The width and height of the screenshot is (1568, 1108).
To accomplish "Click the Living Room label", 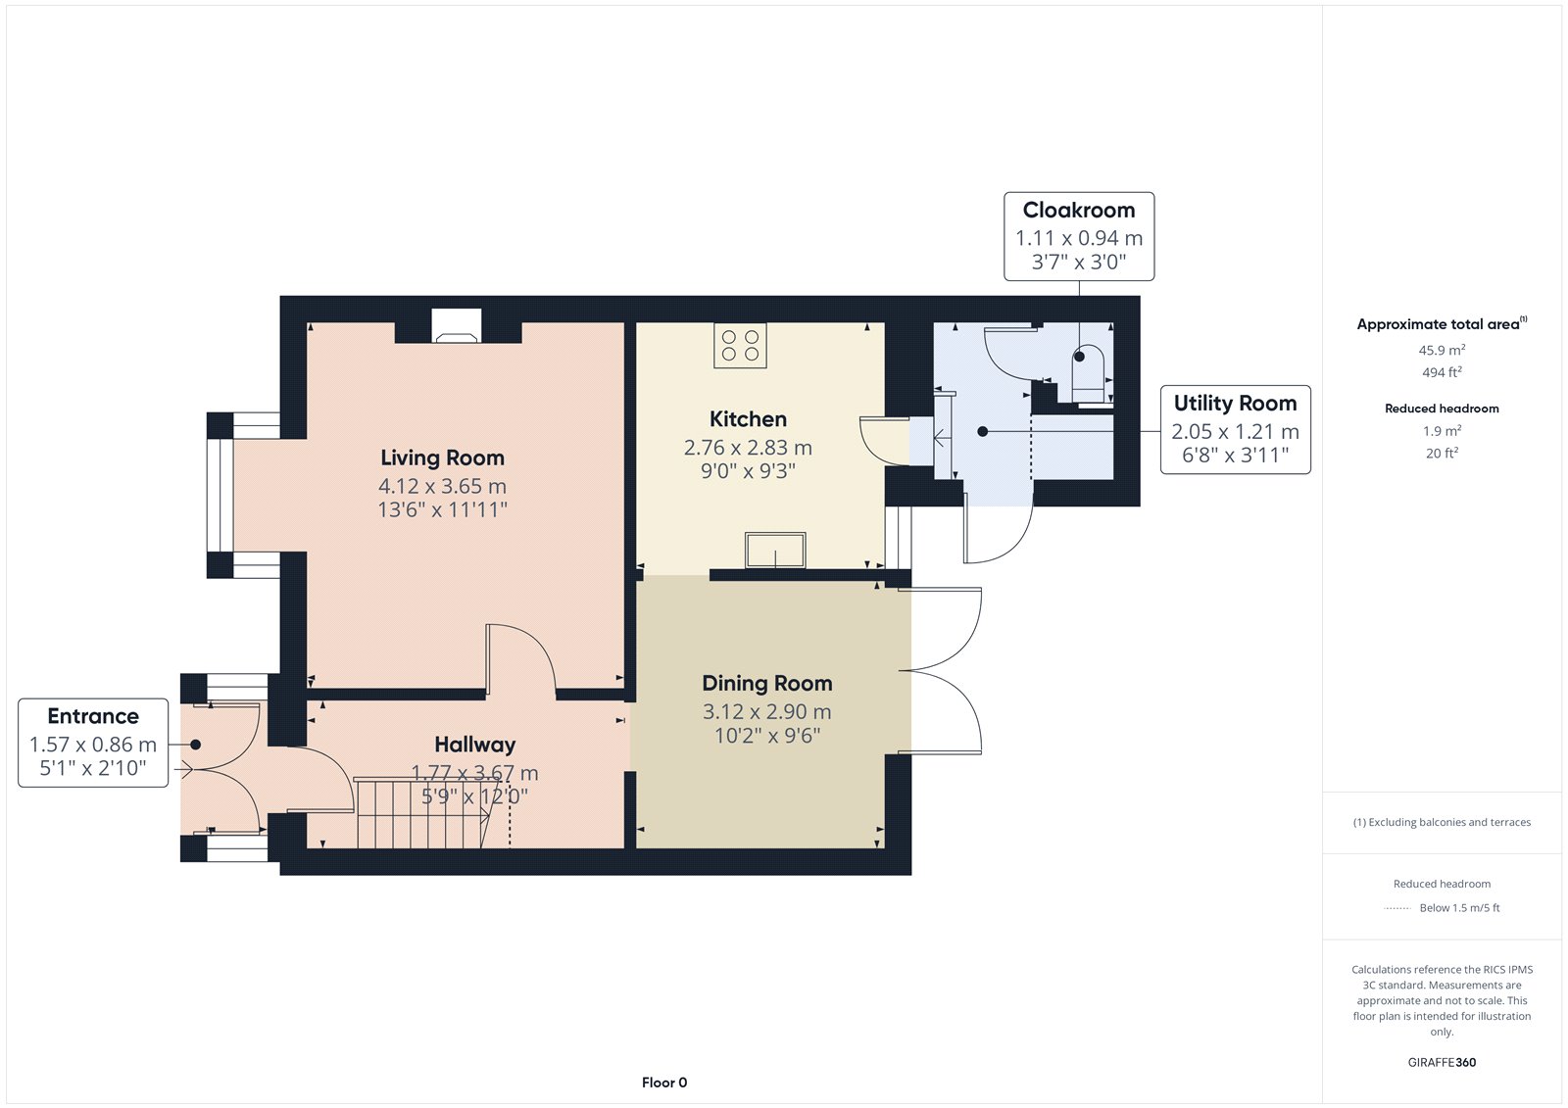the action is [x=442, y=458].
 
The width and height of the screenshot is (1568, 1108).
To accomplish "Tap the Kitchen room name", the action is [x=748, y=419].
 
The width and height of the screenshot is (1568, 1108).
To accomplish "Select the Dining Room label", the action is [x=767, y=683].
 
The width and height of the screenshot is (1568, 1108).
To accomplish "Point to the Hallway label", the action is [x=474, y=744].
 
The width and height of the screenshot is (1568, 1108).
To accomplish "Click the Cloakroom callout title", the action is [x=1079, y=210].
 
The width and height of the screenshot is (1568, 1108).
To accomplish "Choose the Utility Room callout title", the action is [x=1236, y=404].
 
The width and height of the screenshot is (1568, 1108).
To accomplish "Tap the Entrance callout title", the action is [x=93, y=716].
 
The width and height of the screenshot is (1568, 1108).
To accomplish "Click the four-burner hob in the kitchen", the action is [x=740, y=345].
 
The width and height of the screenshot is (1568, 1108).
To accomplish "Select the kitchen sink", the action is [x=775, y=551].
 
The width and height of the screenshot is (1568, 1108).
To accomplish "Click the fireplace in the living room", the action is [x=457, y=326].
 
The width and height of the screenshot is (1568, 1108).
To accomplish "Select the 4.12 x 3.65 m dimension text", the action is [x=442, y=486].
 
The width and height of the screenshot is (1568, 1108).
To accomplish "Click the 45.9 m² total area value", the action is [x=1442, y=350].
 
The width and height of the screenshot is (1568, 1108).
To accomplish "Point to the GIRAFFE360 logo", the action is [x=1442, y=1062].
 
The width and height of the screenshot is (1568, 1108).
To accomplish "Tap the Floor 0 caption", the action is [x=664, y=1083].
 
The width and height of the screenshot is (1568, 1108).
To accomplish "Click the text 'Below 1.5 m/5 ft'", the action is [x=1459, y=908].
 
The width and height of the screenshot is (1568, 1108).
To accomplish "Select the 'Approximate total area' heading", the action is [x=1438, y=324].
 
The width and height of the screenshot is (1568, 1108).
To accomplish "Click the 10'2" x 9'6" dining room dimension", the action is [x=767, y=736].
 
